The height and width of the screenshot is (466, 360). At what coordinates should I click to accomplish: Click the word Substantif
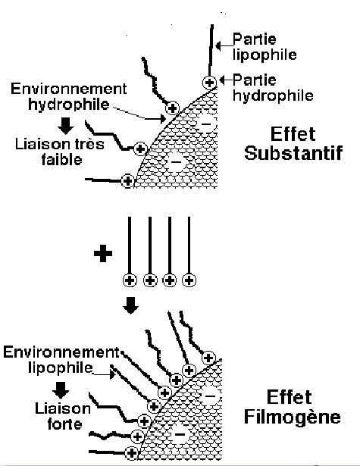pyautogui.click(x=293, y=153)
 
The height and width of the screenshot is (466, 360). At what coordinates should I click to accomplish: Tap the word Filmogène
pyautogui.click(x=293, y=416)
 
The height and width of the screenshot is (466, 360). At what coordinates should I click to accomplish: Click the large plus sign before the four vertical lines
pyautogui.click(x=103, y=253)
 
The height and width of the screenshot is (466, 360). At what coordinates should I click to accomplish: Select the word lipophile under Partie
pyautogui.click(x=265, y=55)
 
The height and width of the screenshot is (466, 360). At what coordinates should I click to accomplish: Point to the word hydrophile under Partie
pyautogui.click(x=273, y=95)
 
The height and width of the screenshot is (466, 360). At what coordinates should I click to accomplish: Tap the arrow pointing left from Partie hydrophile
pyautogui.click(x=226, y=80)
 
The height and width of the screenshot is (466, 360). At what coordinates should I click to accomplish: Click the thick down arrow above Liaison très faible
pyautogui.click(x=66, y=126)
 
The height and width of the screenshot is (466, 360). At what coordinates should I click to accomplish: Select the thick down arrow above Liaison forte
pyautogui.click(x=61, y=390)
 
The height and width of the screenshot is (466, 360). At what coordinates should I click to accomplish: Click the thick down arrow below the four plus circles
pyautogui.click(x=131, y=305)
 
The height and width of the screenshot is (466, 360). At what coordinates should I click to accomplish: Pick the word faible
pyautogui.click(x=62, y=160)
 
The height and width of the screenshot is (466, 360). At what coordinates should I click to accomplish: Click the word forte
pyautogui.click(x=65, y=424)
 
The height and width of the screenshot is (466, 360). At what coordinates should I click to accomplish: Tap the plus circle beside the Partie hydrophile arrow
pyautogui.click(x=210, y=83)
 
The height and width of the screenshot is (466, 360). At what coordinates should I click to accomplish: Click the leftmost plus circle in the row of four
pyautogui.click(x=130, y=280)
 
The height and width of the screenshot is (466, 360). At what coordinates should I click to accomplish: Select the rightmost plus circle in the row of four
pyautogui.click(x=189, y=280)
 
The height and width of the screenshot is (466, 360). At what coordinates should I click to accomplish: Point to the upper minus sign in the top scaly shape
pyautogui.click(x=206, y=124)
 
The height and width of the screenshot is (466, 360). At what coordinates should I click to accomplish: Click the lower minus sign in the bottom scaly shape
pyautogui.click(x=180, y=435)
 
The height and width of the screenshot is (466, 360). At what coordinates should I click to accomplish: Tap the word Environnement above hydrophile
pyautogui.click(x=69, y=89)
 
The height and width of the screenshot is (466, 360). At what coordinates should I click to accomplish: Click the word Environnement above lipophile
pyautogui.click(x=61, y=352)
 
